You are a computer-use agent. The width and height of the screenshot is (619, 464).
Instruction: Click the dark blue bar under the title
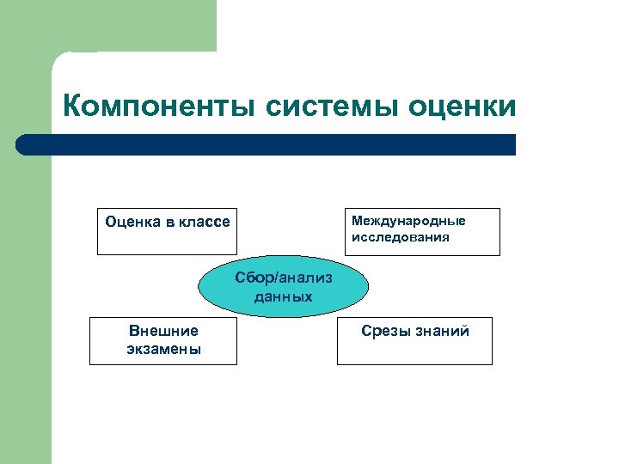275,144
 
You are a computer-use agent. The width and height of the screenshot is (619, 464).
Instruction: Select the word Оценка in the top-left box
132,222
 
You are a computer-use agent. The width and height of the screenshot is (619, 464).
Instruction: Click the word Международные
408,221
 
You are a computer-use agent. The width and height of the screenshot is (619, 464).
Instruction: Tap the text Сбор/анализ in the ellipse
284,278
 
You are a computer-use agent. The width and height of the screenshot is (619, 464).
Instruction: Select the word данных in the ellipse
284,296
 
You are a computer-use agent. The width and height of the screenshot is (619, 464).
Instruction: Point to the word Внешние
163,331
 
